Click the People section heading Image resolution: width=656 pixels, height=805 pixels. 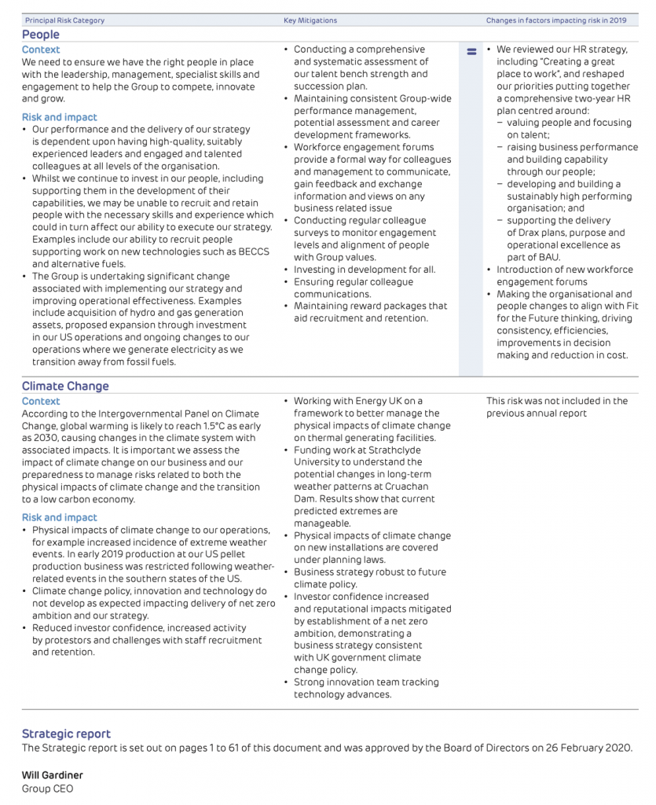coord(40,35)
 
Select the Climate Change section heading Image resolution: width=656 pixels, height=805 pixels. coord(65,386)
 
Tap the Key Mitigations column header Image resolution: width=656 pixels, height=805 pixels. coord(310,20)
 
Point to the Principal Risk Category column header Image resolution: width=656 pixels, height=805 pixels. coord(64,20)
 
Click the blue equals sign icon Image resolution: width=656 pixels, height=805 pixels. coord(471,52)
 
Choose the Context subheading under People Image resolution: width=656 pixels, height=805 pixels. coord(41,50)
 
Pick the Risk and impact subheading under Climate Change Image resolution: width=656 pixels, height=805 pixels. coord(60,517)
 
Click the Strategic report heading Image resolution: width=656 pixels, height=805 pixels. coord(66,733)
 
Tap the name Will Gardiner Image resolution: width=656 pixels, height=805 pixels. coord(52,775)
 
